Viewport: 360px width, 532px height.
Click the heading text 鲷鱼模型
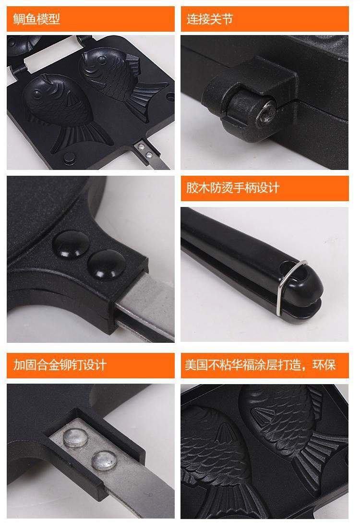(x=36, y=19)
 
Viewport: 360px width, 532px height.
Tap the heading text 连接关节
(x=210, y=19)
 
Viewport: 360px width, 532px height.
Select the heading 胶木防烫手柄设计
(x=233, y=188)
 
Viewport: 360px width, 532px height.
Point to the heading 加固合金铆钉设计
(x=60, y=365)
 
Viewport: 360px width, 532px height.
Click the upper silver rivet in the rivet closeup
(x=76, y=436)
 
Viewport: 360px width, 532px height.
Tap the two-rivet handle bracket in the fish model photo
(x=144, y=150)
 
